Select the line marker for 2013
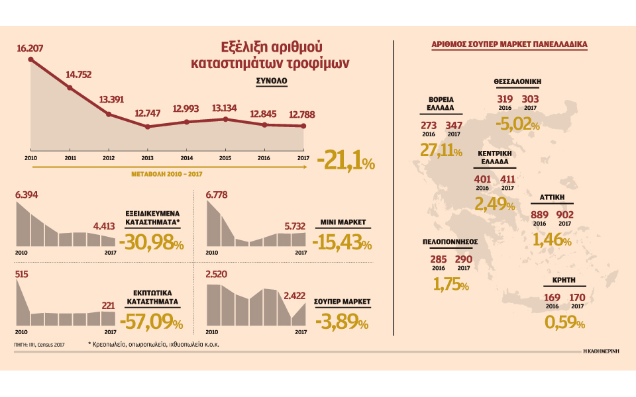pos(148,126)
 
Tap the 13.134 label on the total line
pos(226,109)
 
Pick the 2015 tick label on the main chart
pos(226,159)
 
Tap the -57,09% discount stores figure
pos(152,322)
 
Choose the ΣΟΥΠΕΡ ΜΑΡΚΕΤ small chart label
pos(343,301)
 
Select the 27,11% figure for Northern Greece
pos(441,150)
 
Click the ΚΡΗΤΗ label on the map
pos(563,281)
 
